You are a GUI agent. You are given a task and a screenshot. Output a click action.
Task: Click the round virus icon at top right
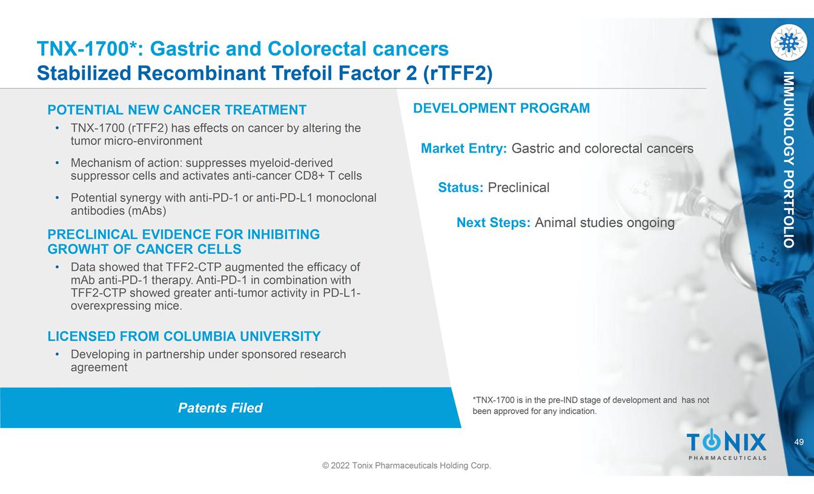(789, 42)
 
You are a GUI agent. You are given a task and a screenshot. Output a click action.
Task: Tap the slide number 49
(799, 442)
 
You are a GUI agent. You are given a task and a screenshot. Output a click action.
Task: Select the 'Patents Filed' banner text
(220, 408)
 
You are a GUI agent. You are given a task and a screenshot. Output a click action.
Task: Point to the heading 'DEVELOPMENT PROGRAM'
(501, 108)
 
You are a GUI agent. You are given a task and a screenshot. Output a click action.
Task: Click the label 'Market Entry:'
(464, 148)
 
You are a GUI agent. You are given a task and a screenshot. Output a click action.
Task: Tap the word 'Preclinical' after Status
(518, 188)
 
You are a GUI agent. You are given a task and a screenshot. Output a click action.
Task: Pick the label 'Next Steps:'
(494, 223)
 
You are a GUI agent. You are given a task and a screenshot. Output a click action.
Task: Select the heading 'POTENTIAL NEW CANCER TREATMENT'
(177, 110)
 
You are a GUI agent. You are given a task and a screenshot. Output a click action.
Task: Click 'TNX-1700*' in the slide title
(87, 48)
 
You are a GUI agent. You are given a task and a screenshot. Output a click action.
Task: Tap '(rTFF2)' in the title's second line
(458, 73)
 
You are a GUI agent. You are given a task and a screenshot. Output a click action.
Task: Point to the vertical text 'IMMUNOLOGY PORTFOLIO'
(789, 160)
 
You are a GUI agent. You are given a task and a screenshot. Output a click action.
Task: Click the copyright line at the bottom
(406, 466)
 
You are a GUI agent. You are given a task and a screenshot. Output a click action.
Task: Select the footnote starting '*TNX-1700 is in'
(591, 406)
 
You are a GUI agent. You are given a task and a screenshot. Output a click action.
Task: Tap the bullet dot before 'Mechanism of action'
(57, 163)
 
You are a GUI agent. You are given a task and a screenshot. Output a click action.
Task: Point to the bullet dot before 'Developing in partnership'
(57, 354)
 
